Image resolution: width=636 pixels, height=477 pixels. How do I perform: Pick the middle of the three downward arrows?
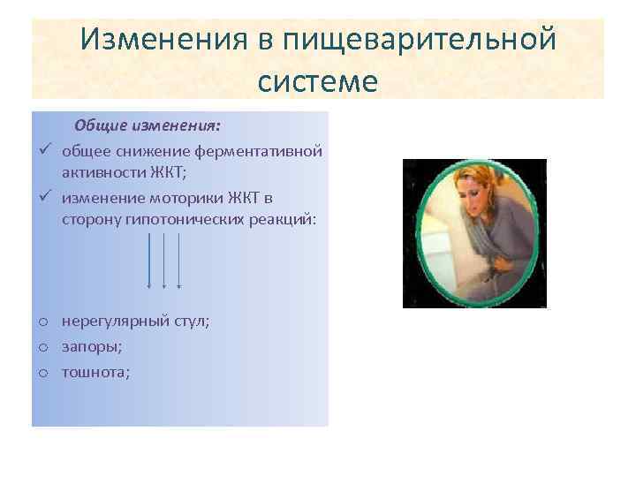click(x=164, y=261)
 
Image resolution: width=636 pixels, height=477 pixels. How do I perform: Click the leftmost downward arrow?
click(x=149, y=261)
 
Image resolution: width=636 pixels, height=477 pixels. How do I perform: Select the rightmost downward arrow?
click(x=179, y=261)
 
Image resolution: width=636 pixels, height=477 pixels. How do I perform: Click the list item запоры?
click(x=92, y=347)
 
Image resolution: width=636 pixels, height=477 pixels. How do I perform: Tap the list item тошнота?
click(x=95, y=372)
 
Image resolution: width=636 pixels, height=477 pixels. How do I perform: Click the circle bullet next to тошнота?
click(x=43, y=373)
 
